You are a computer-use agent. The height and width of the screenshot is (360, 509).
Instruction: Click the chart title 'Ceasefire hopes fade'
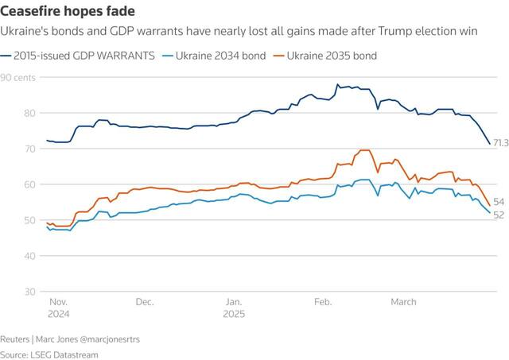[x=68, y=11]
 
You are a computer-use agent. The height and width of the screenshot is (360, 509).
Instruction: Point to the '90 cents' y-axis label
[x=17, y=77]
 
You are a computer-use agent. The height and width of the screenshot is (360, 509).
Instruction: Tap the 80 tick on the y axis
[x=7, y=113]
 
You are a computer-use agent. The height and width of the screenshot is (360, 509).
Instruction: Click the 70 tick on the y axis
[x=7, y=149]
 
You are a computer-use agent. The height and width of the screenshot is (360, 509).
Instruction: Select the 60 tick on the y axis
[x=7, y=184]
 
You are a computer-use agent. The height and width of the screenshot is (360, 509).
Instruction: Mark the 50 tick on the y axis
[x=7, y=220]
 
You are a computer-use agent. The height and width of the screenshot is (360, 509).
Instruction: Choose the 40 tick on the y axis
[x=7, y=256]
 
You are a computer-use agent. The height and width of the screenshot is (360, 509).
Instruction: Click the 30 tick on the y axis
[x=7, y=292]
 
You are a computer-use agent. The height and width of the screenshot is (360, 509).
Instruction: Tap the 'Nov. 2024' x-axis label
[x=59, y=308]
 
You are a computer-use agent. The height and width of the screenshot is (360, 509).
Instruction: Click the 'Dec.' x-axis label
[x=145, y=302]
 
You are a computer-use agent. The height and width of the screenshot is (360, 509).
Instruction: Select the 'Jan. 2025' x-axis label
[x=234, y=308]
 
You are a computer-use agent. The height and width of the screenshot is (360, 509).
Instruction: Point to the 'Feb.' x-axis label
[x=323, y=302]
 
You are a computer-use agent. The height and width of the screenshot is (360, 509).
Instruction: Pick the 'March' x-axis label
[x=403, y=302]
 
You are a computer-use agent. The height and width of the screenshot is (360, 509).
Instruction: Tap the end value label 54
[x=499, y=203]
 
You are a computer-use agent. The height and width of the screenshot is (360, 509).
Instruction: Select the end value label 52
[x=499, y=215]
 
